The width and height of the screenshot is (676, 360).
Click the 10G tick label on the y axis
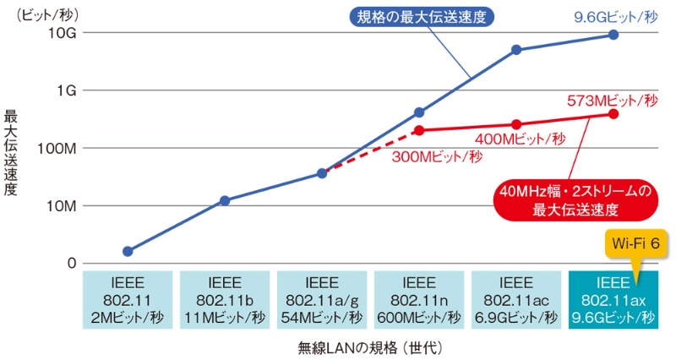(x=64, y=33)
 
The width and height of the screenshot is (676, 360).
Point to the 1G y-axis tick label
(x=68, y=90)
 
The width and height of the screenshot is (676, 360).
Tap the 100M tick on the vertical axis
(x=59, y=148)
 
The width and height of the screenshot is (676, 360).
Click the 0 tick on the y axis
(x=73, y=263)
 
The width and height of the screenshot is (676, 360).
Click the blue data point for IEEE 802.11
(x=128, y=251)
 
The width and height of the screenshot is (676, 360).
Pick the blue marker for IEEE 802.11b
(x=225, y=200)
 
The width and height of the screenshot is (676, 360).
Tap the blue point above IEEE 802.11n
(x=419, y=112)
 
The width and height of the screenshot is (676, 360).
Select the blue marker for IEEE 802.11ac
(x=516, y=50)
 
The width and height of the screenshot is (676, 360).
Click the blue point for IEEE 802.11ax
(x=613, y=35)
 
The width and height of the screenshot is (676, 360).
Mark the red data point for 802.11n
(x=419, y=130)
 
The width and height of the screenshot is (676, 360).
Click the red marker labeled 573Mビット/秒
(x=613, y=114)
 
